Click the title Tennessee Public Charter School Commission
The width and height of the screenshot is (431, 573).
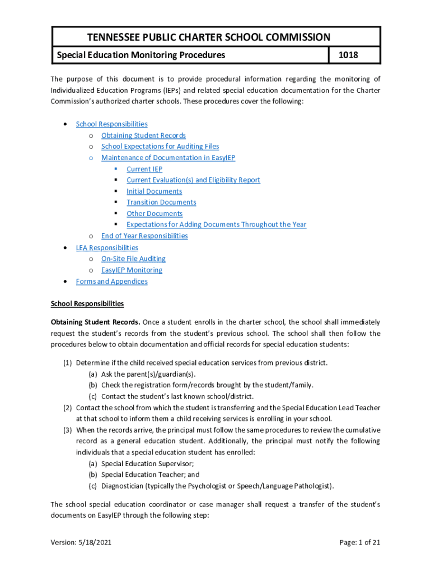pyautogui.click(x=209, y=37)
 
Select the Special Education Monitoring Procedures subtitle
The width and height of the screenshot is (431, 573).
pyautogui.click(x=139, y=55)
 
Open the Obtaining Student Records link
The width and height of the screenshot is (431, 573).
pyautogui.click(x=143, y=135)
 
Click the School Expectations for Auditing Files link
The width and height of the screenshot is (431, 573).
pyautogui.click(x=160, y=147)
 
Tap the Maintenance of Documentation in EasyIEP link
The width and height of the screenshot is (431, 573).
pyautogui.click(x=168, y=158)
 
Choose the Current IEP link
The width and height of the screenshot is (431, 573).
pyautogui.click(x=144, y=169)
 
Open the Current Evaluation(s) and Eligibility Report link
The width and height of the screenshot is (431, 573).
pyautogui.click(x=193, y=180)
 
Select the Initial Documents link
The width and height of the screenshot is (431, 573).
pyautogui.click(x=154, y=191)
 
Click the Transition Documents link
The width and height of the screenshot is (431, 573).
pyautogui.click(x=161, y=203)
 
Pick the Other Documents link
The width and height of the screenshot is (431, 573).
pyautogui.click(x=154, y=214)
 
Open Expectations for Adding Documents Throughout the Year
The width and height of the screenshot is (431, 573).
pyautogui.click(x=216, y=225)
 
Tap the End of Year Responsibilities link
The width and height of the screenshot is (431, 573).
pyautogui.click(x=144, y=236)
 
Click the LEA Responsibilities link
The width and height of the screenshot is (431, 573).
pyautogui.click(x=107, y=248)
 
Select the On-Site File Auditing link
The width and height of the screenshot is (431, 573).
pyautogui.click(x=133, y=259)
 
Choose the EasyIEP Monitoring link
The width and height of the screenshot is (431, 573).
pyautogui.click(x=132, y=270)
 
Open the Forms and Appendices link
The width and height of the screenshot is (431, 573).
pyautogui.click(x=111, y=281)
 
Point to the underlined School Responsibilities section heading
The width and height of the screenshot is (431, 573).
pyautogui.click(x=87, y=304)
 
